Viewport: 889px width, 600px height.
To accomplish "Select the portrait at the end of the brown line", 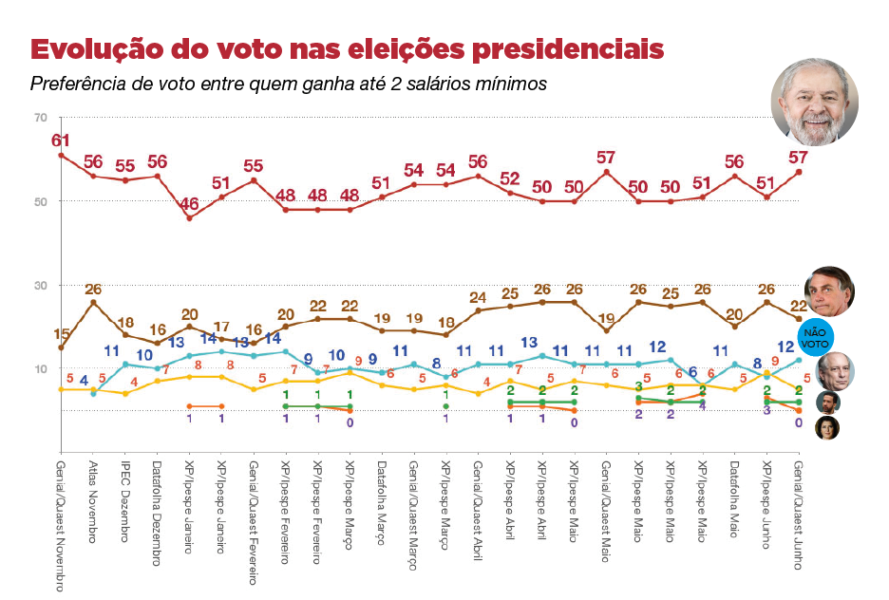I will click(x=829, y=291).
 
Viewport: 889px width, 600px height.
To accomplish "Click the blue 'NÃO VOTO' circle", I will click(x=815, y=337).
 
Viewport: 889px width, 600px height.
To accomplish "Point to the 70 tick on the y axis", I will click(x=40, y=118).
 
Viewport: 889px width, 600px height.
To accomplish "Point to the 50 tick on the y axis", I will click(x=40, y=201).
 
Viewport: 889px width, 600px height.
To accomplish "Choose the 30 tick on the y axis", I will click(x=40, y=285).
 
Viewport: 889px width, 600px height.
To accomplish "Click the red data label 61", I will click(x=61, y=140).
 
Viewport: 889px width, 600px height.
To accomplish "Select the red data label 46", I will click(x=189, y=203).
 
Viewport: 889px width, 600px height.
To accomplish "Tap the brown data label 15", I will click(x=61, y=333).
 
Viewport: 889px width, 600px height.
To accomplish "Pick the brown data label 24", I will click(x=478, y=296).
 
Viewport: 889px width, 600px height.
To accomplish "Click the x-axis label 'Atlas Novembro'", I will click(x=93, y=503).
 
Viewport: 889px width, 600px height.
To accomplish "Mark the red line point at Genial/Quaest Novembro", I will click(x=61, y=155).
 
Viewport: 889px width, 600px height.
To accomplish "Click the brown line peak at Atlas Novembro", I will click(x=93, y=302).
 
